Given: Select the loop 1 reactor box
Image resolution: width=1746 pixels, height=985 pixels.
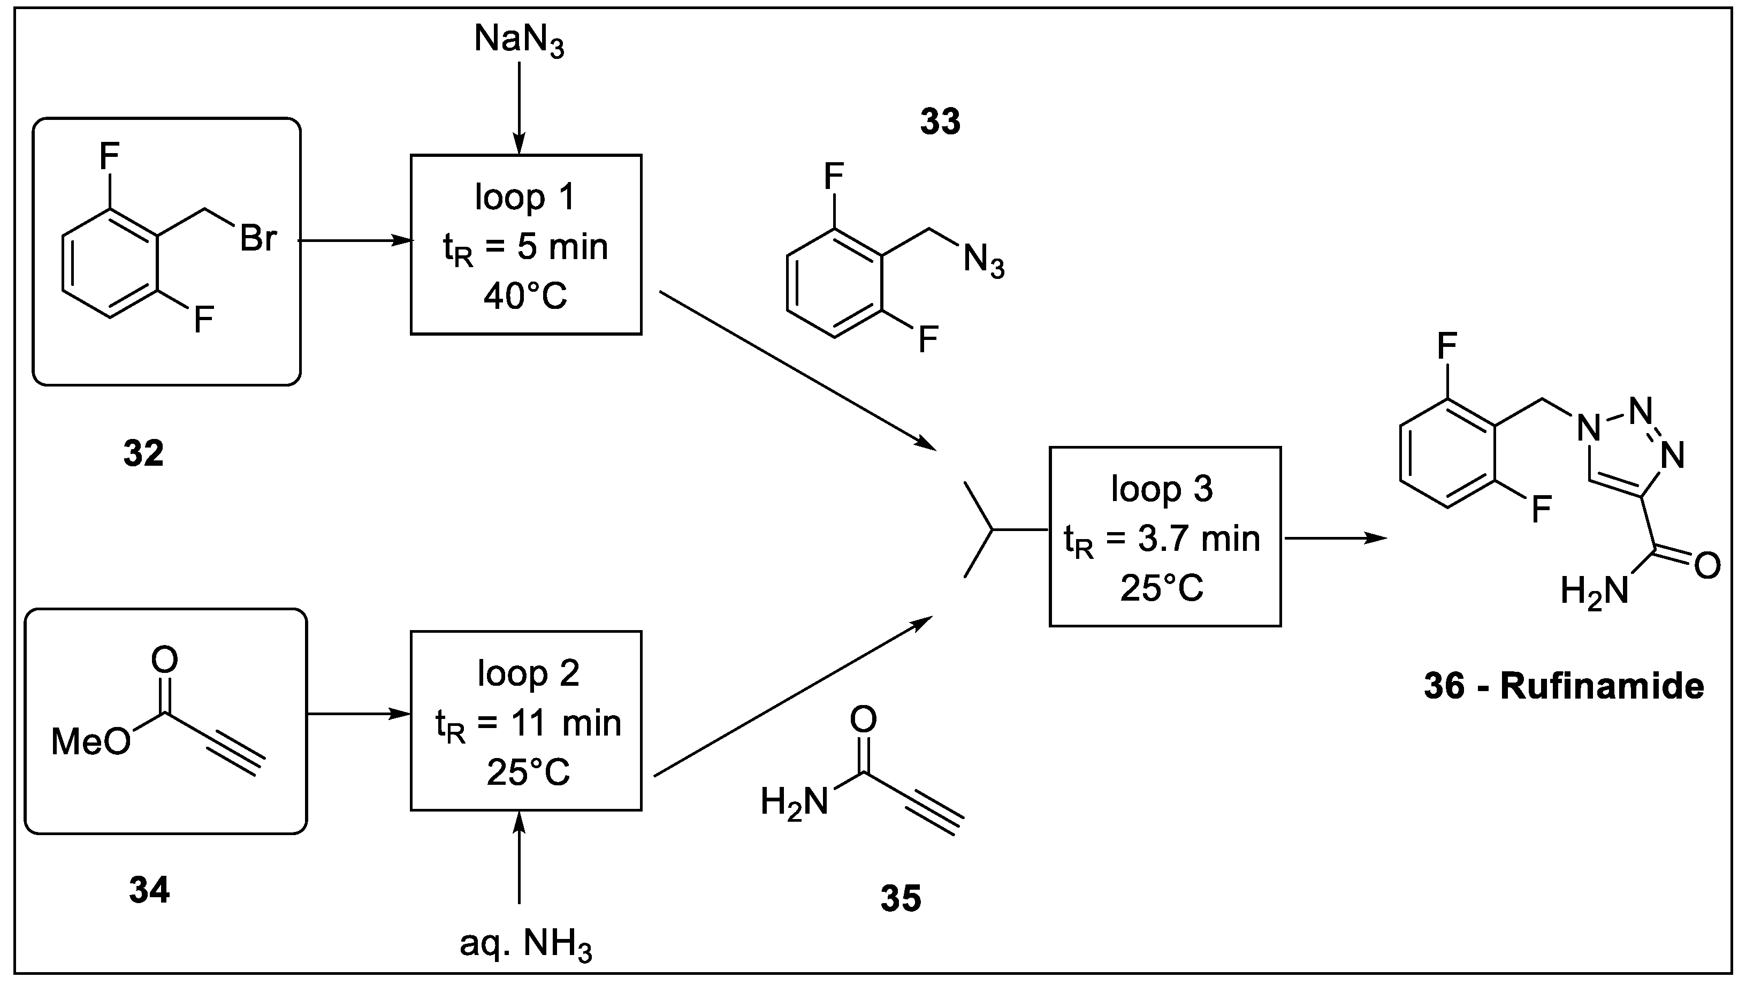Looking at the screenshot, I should [526, 245].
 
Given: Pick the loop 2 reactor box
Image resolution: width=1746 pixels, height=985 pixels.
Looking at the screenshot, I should [526, 721].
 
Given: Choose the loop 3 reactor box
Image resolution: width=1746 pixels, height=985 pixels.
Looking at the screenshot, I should [1164, 536].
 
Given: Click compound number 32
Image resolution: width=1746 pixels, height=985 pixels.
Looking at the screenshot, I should [144, 453].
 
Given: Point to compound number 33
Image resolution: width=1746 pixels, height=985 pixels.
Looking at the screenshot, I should [940, 122].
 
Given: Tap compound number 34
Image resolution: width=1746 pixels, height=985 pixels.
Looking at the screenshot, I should [149, 890].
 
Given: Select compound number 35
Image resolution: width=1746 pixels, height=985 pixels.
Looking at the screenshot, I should [901, 899].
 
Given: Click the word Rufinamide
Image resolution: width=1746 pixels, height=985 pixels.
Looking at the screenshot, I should [1602, 686].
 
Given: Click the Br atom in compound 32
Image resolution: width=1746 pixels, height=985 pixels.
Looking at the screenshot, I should [258, 239].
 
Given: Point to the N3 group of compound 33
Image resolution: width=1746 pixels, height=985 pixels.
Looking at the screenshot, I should [983, 260].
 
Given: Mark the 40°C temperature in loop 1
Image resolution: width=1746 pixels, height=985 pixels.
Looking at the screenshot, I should [526, 296].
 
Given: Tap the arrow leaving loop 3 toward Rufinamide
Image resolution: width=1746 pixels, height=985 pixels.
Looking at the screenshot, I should [1335, 538].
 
